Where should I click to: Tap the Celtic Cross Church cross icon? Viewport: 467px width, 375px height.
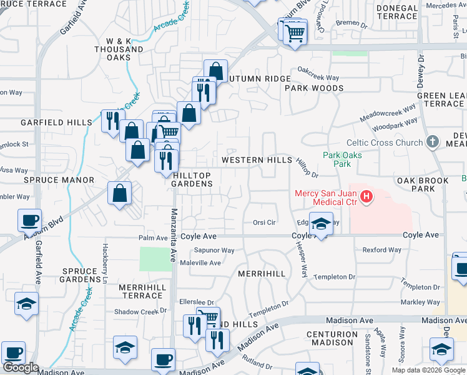(x=431, y=142)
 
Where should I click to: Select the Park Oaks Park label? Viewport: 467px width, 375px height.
(x=337, y=159)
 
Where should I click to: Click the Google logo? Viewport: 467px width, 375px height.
(x=21, y=367)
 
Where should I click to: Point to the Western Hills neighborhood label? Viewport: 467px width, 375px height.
(x=257, y=160)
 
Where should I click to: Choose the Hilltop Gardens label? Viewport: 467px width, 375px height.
(x=193, y=179)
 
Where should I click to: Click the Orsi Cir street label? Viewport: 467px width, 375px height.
(x=264, y=222)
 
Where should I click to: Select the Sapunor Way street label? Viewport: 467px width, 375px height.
(x=214, y=250)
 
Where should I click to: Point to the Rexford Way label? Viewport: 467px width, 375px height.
(x=382, y=250)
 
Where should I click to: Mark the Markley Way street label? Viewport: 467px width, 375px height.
(x=420, y=302)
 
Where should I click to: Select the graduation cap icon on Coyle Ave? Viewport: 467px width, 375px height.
(x=321, y=224)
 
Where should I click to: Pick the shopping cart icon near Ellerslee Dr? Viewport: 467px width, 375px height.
(x=209, y=317)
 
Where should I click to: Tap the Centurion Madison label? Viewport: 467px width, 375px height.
(x=333, y=338)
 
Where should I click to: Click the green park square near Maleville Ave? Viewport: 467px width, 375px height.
(x=155, y=259)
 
